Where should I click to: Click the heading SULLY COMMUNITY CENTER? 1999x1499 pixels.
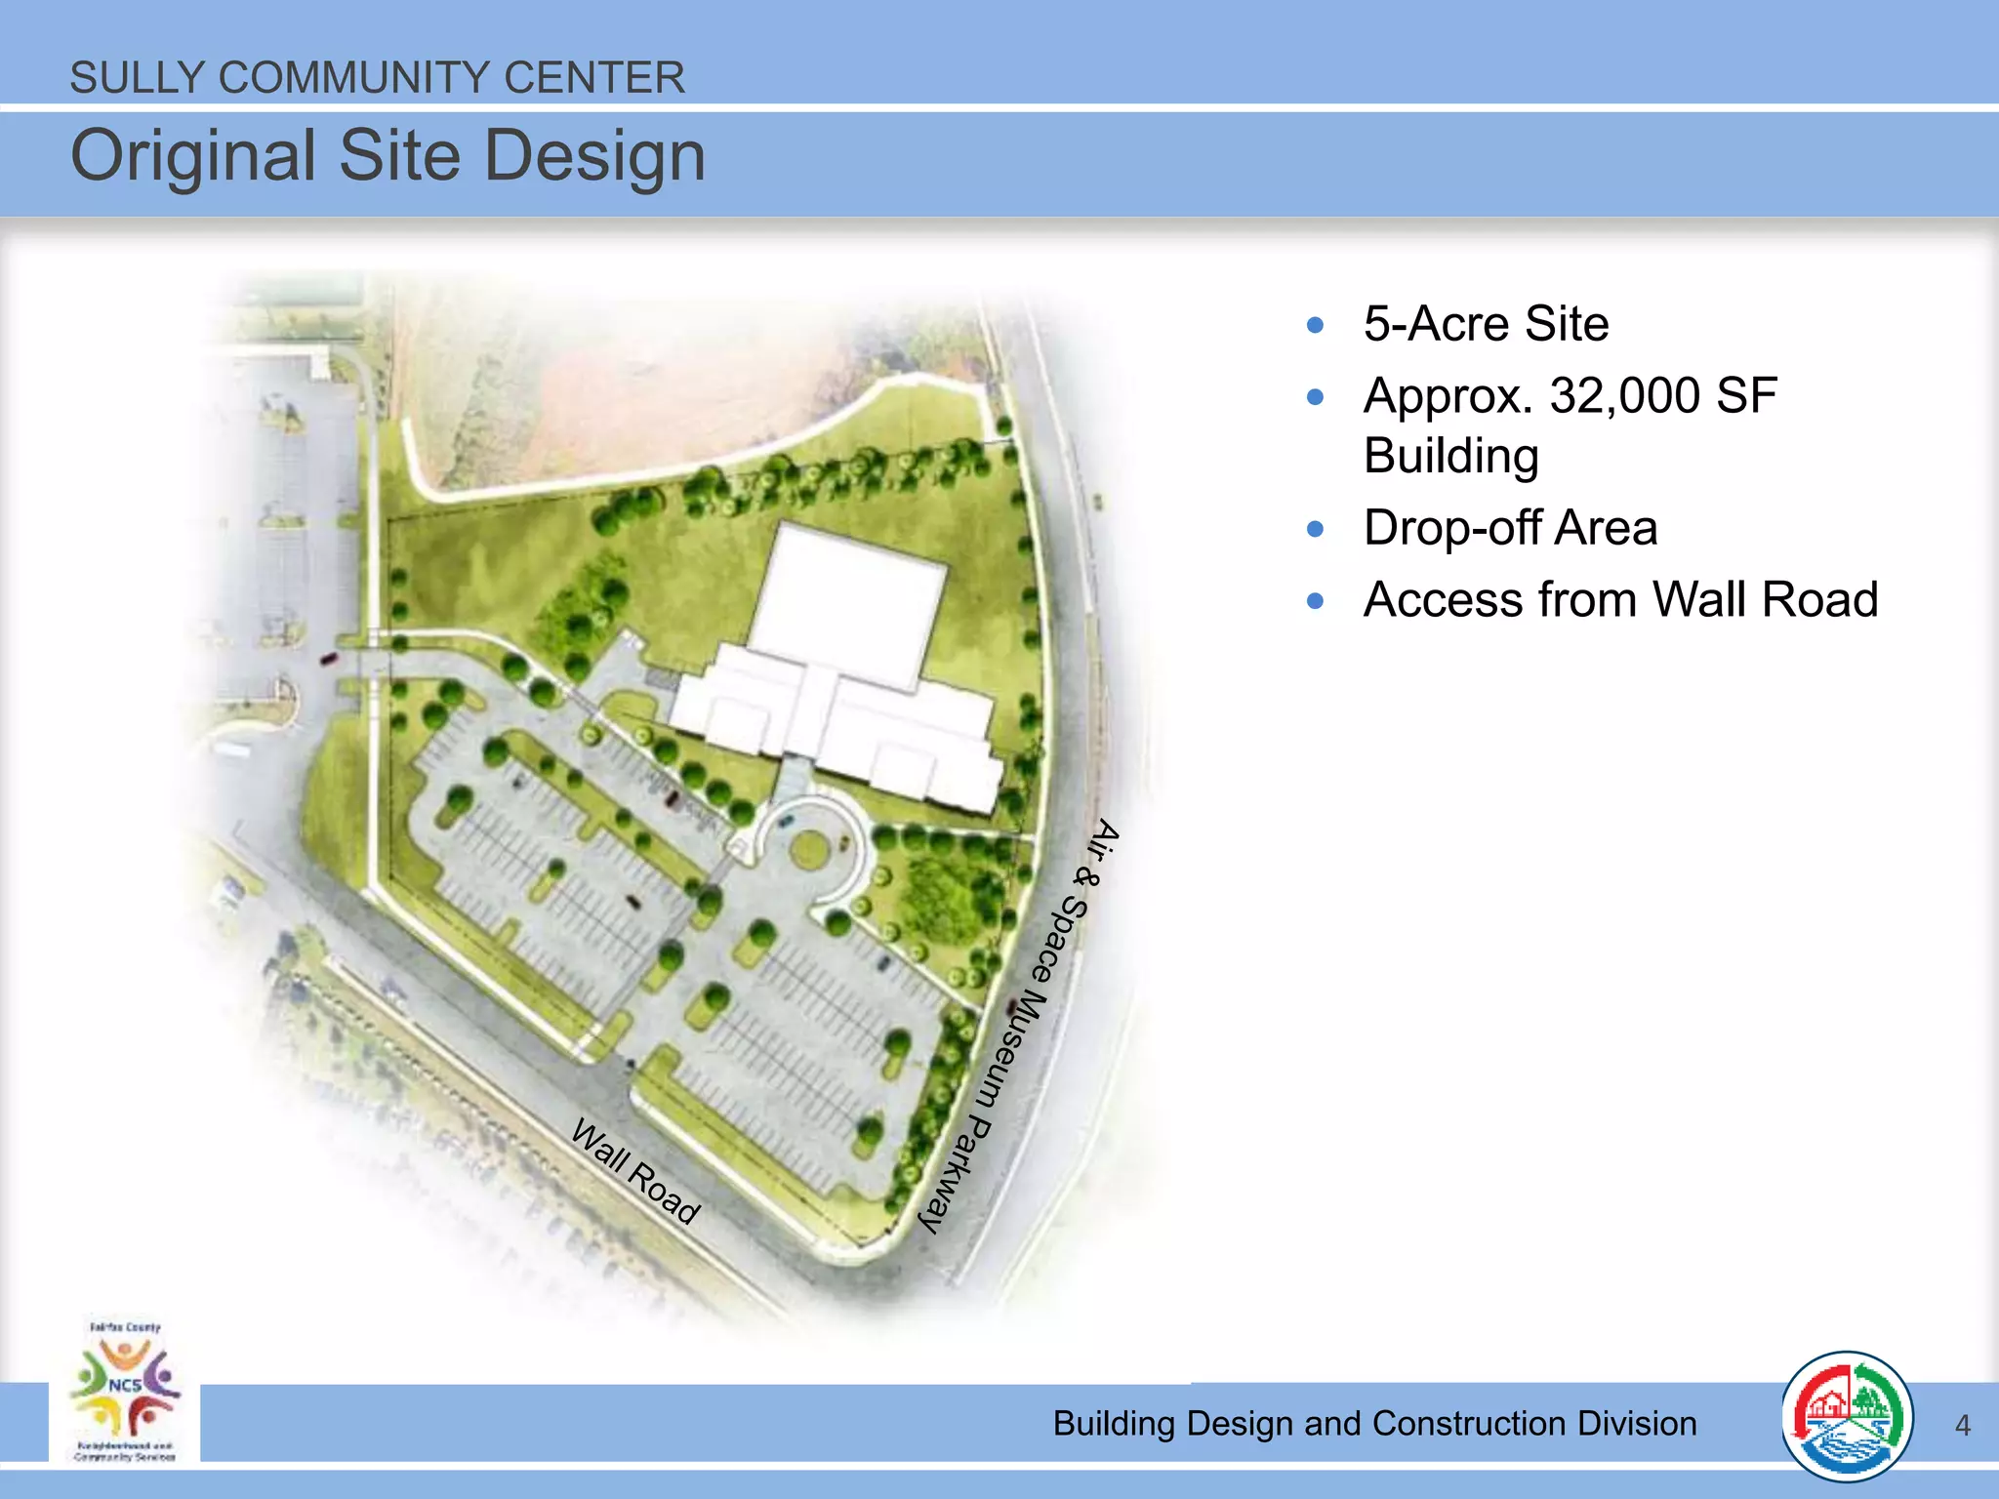[x=377, y=78]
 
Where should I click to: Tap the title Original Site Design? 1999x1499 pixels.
[x=388, y=156]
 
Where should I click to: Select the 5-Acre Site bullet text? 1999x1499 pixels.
[x=1486, y=324]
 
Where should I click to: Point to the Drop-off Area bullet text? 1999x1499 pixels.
[x=1510, y=528]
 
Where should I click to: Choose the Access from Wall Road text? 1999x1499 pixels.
[x=1620, y=599]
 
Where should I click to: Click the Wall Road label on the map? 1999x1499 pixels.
[x=635, y=1171]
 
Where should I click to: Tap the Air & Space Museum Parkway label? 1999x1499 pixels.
[x=1021, y=1025]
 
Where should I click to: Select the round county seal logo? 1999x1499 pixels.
[x=1846, y=1416]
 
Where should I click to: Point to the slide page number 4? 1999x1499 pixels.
[x=1963, y=1426]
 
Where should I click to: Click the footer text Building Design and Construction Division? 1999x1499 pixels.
[x=1374, y=1424]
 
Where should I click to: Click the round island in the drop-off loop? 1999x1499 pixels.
[x=808, y=849]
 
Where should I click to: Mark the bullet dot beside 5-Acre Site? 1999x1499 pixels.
[x=1315, y=325]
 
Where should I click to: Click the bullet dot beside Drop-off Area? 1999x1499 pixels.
[x=1315, y=529]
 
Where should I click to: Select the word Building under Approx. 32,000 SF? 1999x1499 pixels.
[x=1451, y=456]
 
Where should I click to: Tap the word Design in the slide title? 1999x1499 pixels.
[x=594, y=156]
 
